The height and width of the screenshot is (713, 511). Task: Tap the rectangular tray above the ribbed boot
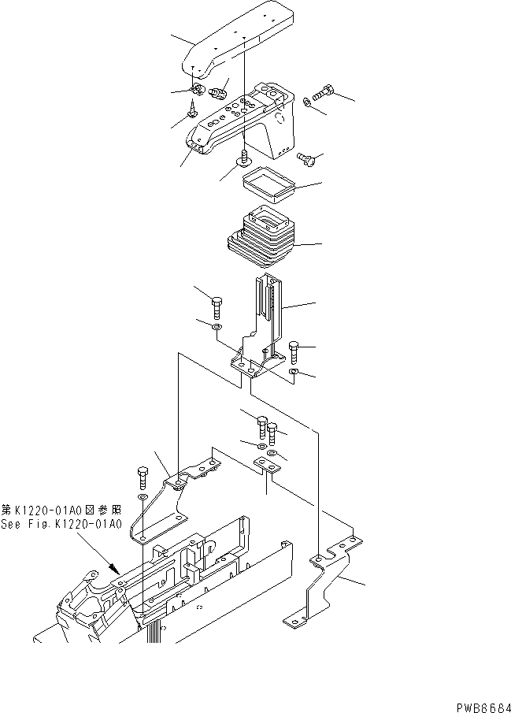pos(265,187)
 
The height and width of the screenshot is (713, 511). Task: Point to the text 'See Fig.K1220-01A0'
pos(61,524)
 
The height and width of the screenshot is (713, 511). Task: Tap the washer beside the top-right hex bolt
pos(306,102)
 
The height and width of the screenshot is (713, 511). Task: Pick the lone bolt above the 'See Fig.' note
pos(143,477)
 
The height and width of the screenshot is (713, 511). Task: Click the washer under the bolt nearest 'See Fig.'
pos(142,499)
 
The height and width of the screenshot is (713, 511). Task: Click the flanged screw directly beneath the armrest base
pos(244,160)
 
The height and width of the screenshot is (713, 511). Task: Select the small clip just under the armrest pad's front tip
pos(198,89)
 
